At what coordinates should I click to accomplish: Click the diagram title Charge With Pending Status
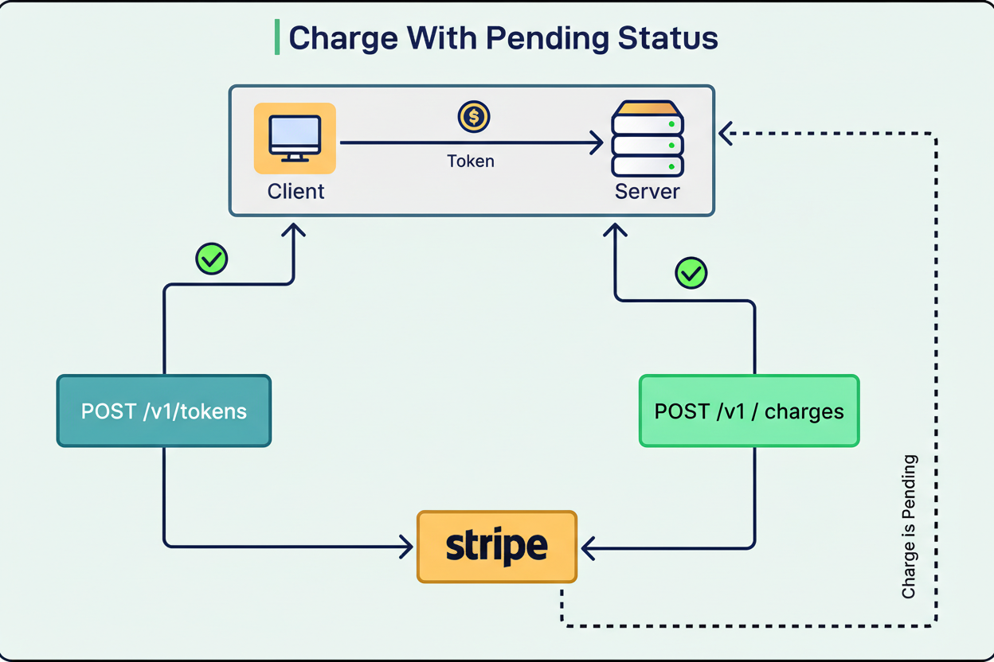coord(503,38)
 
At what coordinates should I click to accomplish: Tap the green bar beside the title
coord(277,38)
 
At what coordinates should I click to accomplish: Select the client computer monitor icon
coord(295,138)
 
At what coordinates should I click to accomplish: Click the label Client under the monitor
coord(296,192)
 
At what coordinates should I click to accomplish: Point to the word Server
coord(648,192)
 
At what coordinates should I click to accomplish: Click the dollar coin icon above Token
coord(474,117)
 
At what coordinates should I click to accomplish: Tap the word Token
coord(471,162)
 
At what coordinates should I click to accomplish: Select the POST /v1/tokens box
coord(164,411)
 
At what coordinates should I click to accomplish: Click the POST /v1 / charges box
coord(749,411)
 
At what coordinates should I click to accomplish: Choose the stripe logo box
coord(497,547)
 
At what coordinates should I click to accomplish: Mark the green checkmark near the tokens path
coord(212,259)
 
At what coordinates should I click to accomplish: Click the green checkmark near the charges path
coord(691,273)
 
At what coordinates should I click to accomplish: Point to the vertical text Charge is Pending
coord(909,527)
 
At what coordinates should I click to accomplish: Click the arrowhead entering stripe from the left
coord(406,547)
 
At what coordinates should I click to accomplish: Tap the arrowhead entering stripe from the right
coord(588,547)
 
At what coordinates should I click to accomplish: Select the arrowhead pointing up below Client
coord(294,231)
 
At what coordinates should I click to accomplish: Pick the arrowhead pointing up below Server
coord(615,231)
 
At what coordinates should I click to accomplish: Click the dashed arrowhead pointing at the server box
coord(725,134)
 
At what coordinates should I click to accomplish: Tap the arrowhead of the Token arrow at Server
coord(596,143)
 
